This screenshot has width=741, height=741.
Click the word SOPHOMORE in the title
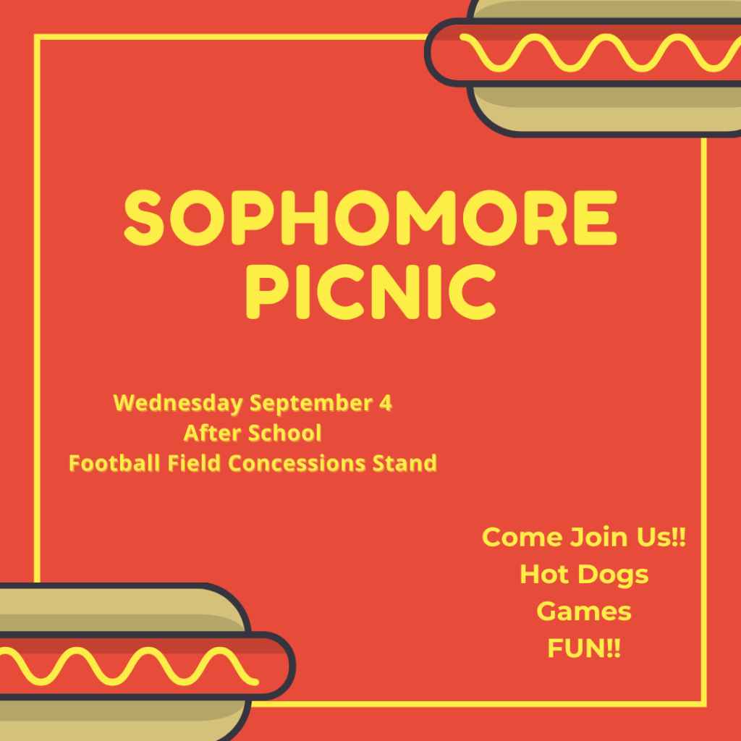click(370, 218)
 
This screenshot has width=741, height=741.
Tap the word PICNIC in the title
click(370, 292)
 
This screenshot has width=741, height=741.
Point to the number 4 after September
click(386, 402)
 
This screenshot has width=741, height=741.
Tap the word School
click(284, 433)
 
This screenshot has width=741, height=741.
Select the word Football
click(114, 463)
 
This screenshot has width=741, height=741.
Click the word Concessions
click(297, 463)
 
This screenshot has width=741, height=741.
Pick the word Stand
click(405, 463)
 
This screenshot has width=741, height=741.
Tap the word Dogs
click(613, 575)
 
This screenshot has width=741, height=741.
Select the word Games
click(584, 611)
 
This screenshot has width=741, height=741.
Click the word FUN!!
click(584, 648)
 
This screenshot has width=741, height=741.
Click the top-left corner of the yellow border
click(37, 37)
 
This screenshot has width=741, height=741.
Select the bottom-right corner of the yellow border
click(703, 704)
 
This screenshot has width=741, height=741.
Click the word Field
click(194, 463)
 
